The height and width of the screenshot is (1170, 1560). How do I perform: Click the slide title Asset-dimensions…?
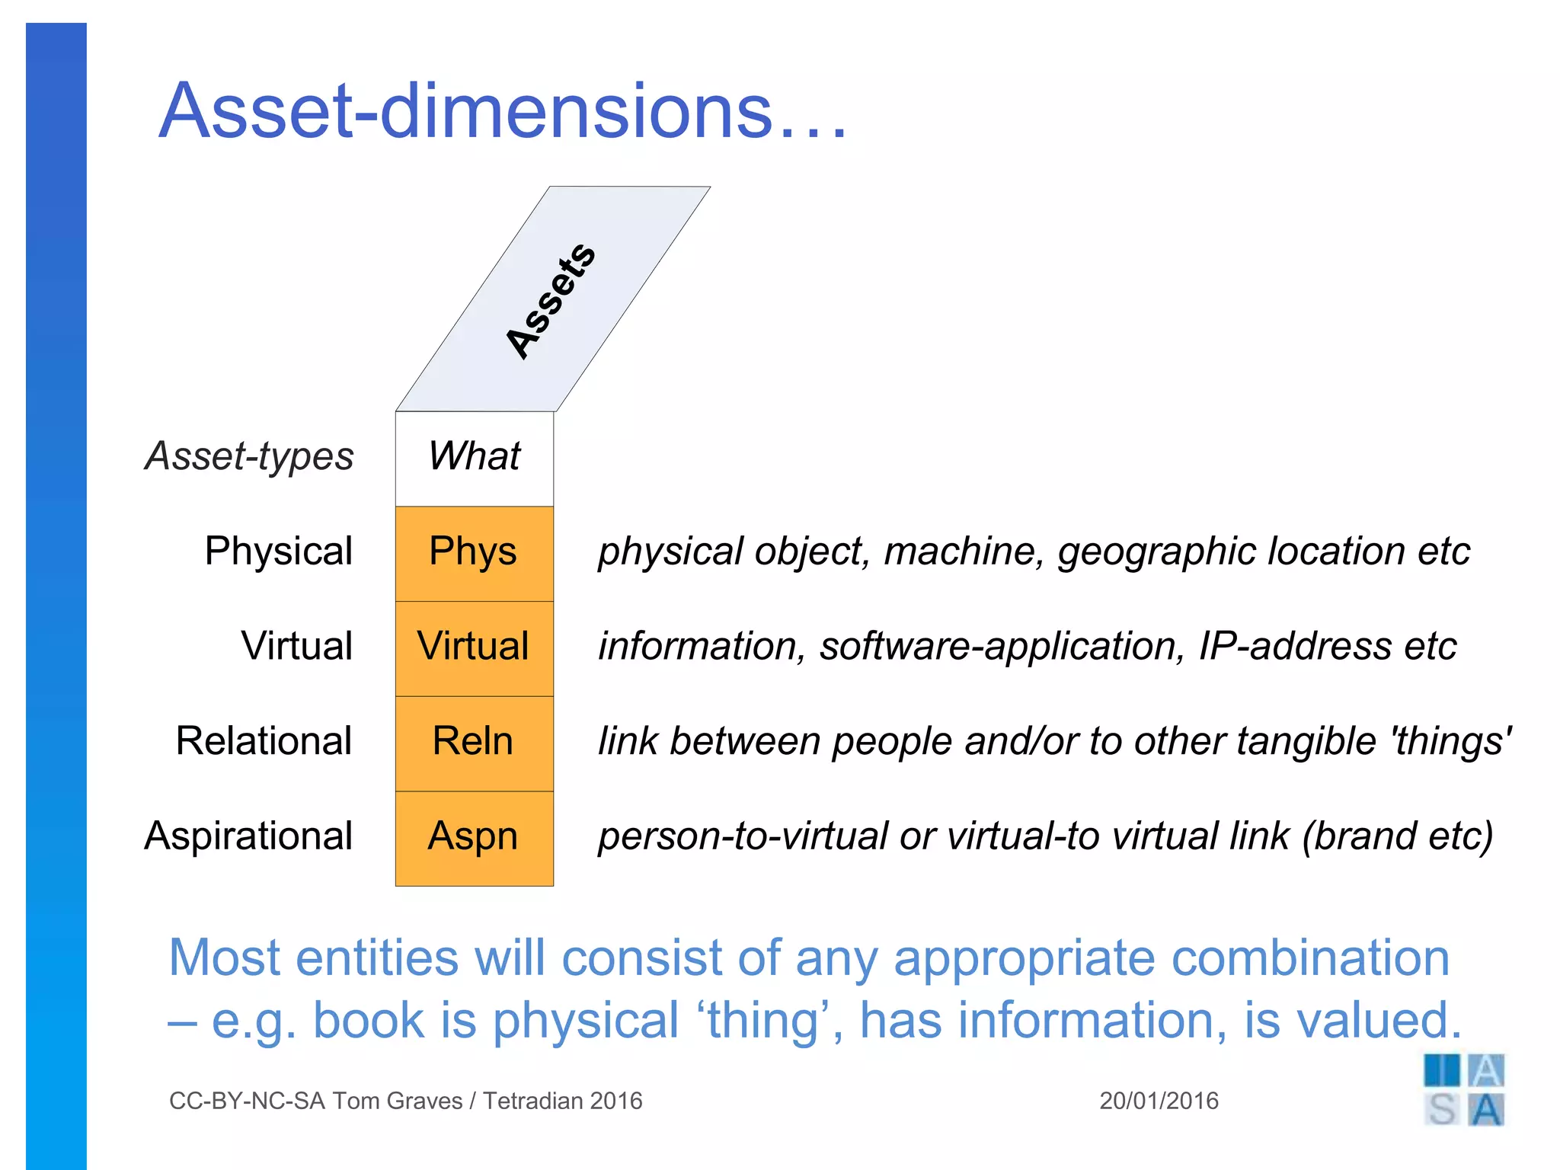[503, 112]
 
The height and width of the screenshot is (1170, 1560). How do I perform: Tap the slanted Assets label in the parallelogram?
[551, 301]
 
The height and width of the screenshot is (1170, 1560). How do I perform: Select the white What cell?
[474, 456]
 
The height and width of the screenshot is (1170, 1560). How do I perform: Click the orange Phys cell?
[474, 552]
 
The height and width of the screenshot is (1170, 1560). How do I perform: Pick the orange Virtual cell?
[474, 647]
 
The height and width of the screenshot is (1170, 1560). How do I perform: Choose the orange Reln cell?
[474, 742]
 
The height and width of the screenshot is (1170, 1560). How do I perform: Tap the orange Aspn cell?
[474, 837]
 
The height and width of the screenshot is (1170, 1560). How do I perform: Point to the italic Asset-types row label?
[249, 456]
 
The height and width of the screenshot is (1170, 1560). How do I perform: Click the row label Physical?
[278, 551]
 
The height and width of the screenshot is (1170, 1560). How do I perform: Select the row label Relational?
[264, 740]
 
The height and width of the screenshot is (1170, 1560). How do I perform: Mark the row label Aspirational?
[248, 836]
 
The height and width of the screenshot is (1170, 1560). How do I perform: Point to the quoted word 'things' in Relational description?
[1451, 741]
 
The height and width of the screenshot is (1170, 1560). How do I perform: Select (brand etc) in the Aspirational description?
[1398, 836]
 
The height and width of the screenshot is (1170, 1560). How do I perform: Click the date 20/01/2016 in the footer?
[1159, 1101]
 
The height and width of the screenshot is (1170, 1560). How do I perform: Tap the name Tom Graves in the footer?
[397, 1101]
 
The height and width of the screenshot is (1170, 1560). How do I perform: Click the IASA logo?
[1463, 1090]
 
